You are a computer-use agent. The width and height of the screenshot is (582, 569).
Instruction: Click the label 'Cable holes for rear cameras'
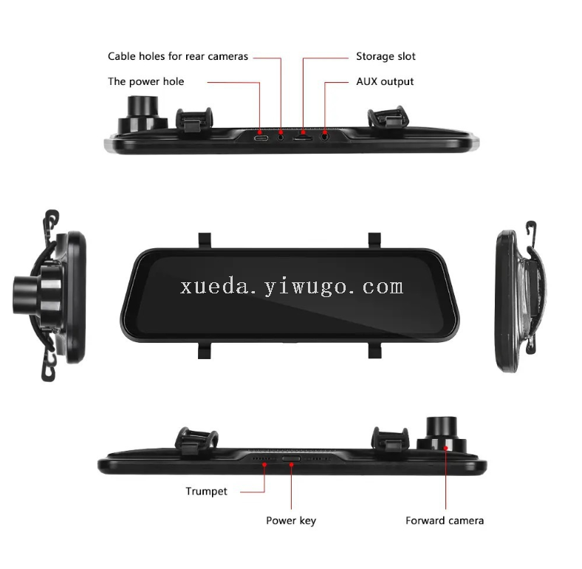(178, 56)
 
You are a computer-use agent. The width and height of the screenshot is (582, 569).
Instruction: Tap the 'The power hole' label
(146, 82)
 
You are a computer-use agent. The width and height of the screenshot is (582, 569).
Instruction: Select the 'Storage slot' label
(386, 56)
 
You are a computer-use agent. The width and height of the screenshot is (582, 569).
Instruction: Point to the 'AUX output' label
(385, 82)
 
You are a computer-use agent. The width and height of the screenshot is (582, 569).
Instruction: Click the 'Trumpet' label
(206, 491)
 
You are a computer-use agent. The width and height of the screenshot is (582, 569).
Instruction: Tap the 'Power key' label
(291, 521)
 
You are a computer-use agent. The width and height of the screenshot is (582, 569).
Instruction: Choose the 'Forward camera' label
(445, 521)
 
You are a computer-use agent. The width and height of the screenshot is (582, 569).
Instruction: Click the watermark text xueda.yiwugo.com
(292, 287)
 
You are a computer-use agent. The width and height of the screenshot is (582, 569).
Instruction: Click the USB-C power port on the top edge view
(261, 138)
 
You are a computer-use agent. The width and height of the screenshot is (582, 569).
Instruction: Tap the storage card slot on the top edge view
(303, 138)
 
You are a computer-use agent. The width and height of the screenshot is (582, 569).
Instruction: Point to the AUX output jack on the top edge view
(325, 137)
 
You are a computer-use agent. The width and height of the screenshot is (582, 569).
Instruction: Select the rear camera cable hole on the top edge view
(281, 137)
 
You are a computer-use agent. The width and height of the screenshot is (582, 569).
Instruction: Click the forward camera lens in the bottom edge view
(442, 428)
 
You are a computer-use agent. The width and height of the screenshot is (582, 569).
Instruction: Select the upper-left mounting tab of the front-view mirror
(205, 240)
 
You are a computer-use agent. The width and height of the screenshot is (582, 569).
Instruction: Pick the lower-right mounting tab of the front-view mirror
(374, 350)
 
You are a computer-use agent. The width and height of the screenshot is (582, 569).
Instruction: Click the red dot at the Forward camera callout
(446, 449)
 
